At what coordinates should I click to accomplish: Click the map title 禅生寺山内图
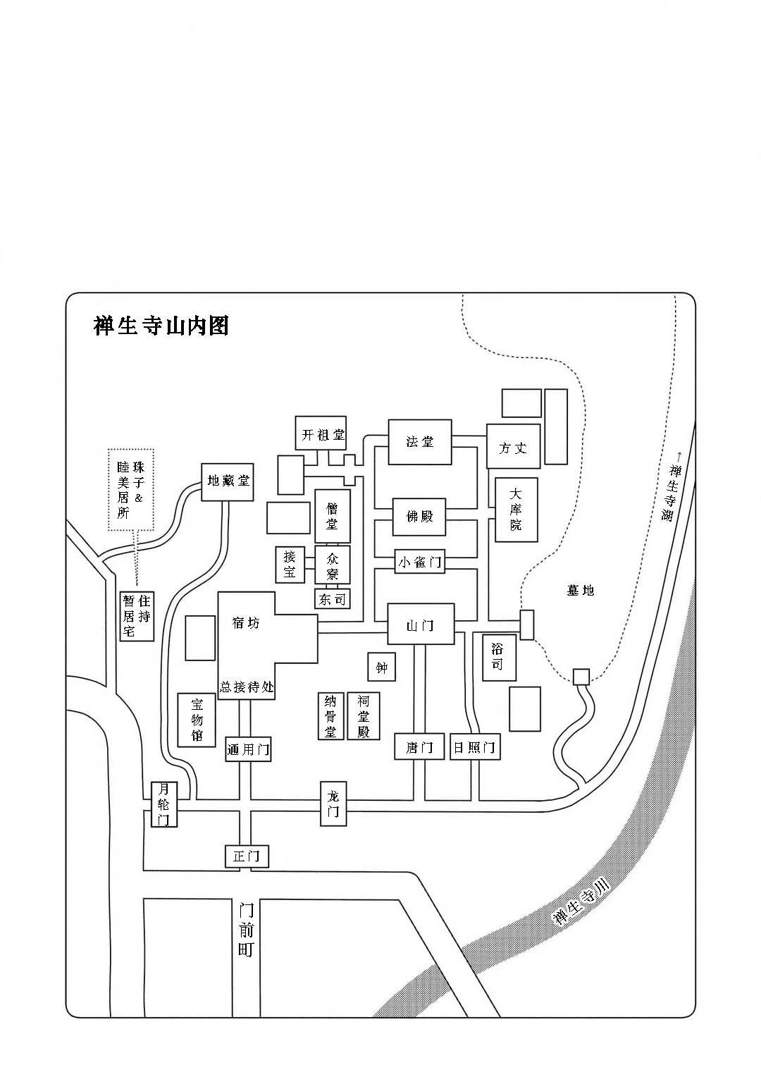(x=161, y=326)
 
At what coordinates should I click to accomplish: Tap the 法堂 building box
(x=419, y=442)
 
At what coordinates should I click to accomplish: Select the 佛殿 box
(x=419, y=516)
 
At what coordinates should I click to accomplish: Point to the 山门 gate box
(x=420, y=624)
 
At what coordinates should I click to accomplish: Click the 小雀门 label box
(x=419, y=562)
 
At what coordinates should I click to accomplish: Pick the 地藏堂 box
(x=227, y=481)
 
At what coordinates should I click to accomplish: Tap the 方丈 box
(x=513, y=447)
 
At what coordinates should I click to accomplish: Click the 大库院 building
(x=516, y=509)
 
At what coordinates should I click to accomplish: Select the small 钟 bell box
(x=381, y=666)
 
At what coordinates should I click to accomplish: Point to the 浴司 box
(x=497, y=657)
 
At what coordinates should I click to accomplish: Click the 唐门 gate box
(x=419, y=746)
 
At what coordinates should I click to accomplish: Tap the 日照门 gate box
(x=474, y=746)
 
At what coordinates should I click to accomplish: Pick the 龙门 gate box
(x=333, y=804)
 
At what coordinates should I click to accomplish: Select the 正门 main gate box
(x=247, y=856)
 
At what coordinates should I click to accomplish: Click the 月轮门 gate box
(x=164, y=804)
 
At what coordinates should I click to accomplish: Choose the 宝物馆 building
(x=197, y=720)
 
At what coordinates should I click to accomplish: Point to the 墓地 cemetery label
(x=581, y=590)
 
